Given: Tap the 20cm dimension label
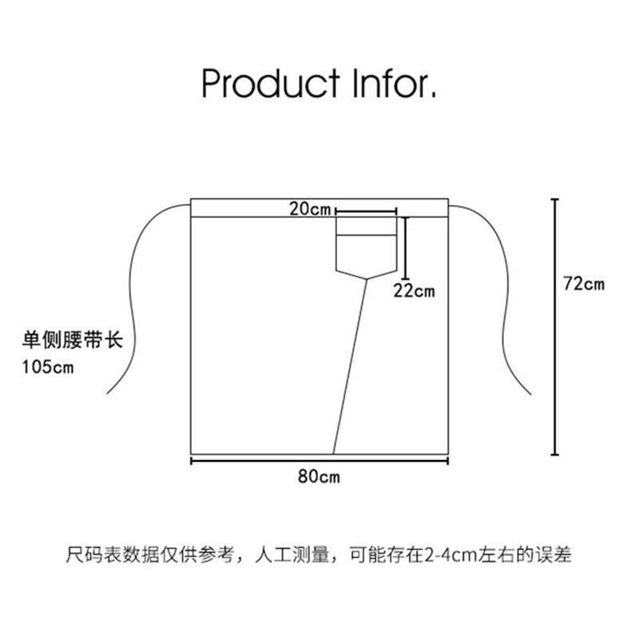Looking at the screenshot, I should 310,210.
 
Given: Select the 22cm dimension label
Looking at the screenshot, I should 415,291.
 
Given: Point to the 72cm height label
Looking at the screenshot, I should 584,284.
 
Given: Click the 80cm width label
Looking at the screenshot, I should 319,478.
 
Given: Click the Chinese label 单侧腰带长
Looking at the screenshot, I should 70,339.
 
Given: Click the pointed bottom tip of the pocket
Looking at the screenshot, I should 367,278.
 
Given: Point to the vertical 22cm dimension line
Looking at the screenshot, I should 407,248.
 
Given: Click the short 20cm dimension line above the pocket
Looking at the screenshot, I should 367,210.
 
